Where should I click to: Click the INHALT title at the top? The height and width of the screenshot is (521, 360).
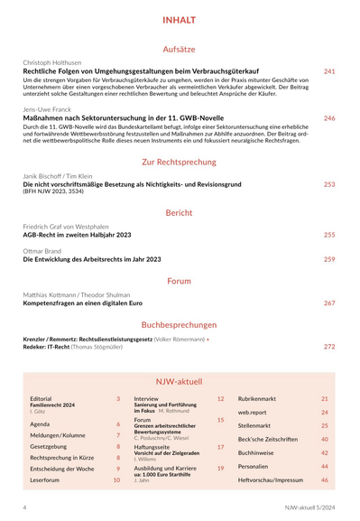(x=180, y=19)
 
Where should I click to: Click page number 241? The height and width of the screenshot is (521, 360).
(x=329, y=71)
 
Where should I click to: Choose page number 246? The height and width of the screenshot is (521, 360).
(x=329, y=118)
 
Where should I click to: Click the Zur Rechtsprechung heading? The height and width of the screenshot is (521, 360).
(x=180, y=163)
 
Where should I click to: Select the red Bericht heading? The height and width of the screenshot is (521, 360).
(x=180, y=213)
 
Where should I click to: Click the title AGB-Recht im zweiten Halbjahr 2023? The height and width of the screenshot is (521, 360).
(x=77, y=235)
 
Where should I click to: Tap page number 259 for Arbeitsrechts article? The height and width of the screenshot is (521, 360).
(x=329, y=259)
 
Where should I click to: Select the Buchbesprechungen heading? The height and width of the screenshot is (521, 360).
(x=180, y=322)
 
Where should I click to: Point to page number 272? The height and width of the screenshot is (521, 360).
(x=329, y=346)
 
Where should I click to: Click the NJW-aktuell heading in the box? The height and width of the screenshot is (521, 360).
(x=180, y=382)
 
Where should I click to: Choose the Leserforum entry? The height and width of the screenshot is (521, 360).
(x=45, y=480)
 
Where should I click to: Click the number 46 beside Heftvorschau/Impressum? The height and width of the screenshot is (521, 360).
(x=325, y=480)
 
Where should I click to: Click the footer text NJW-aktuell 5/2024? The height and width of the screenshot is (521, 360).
(x=309, y=509)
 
